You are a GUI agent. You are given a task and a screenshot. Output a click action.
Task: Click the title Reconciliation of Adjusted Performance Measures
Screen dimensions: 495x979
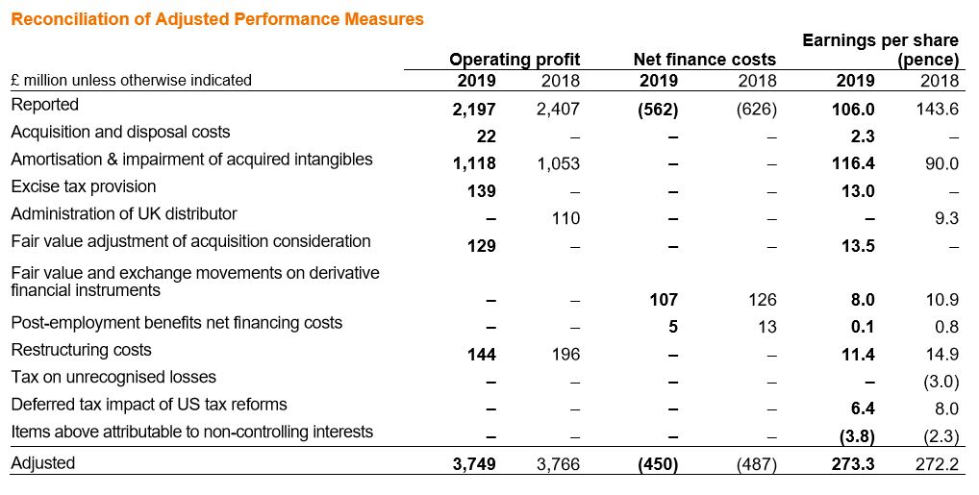216,19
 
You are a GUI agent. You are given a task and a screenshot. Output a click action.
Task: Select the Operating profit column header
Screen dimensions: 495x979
515,60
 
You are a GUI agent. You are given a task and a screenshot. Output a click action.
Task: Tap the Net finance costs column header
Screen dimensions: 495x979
704,60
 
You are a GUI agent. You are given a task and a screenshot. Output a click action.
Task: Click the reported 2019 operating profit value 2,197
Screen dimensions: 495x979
474,110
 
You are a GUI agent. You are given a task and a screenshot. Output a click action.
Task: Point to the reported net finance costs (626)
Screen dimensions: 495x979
756,110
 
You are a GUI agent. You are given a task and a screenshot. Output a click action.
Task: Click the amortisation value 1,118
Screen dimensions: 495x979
474,163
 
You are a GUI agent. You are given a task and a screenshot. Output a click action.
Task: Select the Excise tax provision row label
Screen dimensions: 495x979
83,186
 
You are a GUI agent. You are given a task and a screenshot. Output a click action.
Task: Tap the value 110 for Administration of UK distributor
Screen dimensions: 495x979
565,218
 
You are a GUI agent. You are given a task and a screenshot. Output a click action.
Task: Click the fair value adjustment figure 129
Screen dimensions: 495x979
481,246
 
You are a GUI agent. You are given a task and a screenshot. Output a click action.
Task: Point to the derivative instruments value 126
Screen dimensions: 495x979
762,300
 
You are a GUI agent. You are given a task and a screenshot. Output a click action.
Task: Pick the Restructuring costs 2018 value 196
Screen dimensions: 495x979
565,355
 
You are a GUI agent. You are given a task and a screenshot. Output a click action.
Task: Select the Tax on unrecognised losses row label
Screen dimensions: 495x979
113,377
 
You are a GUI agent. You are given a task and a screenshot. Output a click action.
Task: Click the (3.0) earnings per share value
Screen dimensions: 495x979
941,382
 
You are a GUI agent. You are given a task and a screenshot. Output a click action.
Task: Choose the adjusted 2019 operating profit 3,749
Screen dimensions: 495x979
474,464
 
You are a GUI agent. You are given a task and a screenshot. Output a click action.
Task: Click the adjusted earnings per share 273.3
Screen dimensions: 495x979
852,464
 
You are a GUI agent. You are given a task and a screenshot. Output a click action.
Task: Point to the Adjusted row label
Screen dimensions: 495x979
42,463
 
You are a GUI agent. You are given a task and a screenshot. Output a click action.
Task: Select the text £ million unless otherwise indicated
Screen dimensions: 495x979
132,81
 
